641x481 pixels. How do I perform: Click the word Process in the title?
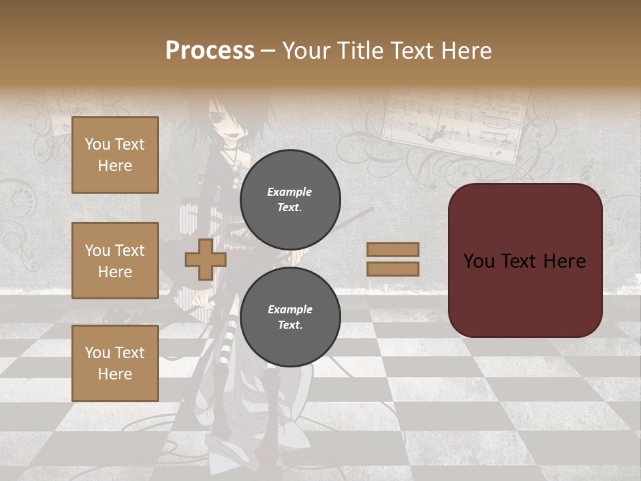point(210,51)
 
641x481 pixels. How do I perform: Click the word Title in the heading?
point(360,51)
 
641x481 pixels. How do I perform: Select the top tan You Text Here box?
point(115,155)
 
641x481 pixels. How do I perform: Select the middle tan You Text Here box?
point(115,261)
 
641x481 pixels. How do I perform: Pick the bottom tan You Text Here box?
point(115,363)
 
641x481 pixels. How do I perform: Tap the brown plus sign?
point(206,259)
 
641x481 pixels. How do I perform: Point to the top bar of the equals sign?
point(393,249)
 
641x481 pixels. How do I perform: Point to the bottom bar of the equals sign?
point(393,269)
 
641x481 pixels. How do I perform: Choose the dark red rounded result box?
point(525,260)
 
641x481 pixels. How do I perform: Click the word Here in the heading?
point(465,51)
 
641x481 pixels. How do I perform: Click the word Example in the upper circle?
point(290,192)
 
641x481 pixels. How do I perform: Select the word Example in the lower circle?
point(290,309)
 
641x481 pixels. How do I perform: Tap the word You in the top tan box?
point(97,144)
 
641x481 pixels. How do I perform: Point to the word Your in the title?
point(308,51)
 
